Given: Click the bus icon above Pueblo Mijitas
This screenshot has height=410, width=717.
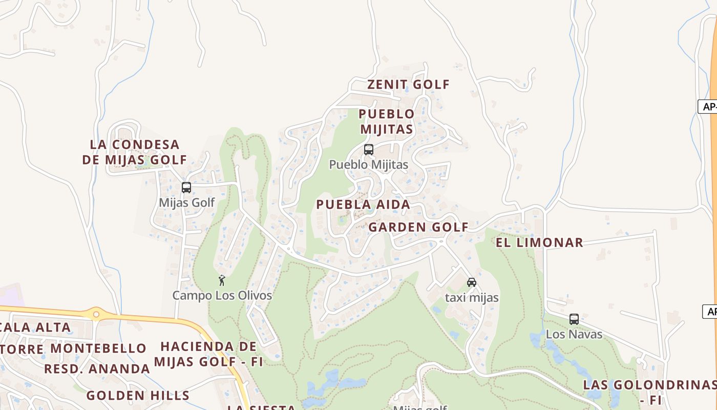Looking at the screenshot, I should click(x=368, y=150).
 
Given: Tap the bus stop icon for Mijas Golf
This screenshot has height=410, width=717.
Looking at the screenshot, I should click(x=186, y=188).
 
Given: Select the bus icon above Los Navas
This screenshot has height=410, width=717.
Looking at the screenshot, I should click(x=574, y=319).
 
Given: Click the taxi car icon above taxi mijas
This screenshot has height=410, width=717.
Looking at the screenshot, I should click(x=472, y=282).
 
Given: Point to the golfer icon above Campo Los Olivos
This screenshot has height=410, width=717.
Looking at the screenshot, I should click(x=222, y=280).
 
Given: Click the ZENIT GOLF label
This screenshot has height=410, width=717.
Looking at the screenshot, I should click(x=408, y=85).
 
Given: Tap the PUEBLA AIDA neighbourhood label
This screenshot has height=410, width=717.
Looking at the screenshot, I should click(x=363, y=204).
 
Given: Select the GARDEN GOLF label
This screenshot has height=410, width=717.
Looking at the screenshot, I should click(x=418, y=227).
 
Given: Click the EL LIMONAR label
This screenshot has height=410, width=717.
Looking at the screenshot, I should click(x=539, y=242).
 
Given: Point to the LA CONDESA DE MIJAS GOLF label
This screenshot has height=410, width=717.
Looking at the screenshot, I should click(x=135, y=152).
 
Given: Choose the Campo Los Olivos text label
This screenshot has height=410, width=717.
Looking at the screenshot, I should click(x=222, y=296).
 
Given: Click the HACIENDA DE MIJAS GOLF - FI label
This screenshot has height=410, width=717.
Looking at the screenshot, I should click(x=208, y=354).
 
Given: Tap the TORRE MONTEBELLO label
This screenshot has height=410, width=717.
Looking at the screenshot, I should click(x=73, y=348).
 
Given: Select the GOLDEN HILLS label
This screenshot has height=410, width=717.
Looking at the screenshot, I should click(x=138, y=396).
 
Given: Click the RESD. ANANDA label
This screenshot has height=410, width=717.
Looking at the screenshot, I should click(x=97, y=369).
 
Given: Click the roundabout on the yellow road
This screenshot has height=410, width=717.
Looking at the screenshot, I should click(x=96, y=313).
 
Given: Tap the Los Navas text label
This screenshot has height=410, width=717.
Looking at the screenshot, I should click(x=574, y=334).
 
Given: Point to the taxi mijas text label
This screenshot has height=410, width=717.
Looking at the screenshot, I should click(x=472, y=297).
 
